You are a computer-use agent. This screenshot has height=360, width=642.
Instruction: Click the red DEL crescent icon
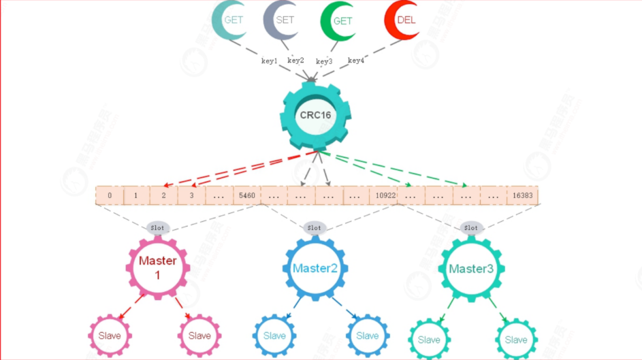click(x=403, y=21)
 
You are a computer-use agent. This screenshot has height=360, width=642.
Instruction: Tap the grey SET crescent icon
click(x=282, y=20)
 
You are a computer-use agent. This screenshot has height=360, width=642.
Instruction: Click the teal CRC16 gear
click(x=315, y=115)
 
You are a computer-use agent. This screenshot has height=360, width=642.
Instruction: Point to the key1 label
click(x=270, y=61)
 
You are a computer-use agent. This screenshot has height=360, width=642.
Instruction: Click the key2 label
click(x=295, y=61)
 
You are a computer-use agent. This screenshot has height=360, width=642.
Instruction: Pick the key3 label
click(x=324, y=61)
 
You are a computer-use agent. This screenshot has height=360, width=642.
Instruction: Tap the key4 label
click(x=356, y=61)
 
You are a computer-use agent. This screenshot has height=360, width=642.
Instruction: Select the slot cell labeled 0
click(x=109, y=195)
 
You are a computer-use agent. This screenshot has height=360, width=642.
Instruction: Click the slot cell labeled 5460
click(x=246, y=195)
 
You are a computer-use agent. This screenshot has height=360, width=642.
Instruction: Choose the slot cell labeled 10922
click(x=384, y=195)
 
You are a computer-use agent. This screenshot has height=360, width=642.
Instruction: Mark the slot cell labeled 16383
click(x=522, y=195)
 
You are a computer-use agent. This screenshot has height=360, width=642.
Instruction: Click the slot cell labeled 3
click(x=191, y=195)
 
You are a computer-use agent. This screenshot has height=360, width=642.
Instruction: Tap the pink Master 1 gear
click(x=158, y=266)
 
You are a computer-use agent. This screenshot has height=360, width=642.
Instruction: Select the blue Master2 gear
click(x=315, y=268)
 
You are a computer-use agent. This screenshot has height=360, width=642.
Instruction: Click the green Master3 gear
click(x=471, y=269)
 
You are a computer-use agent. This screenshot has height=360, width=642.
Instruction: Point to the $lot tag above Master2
click(x=314, y=227)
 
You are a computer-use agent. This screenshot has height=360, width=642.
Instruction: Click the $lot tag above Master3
click(x=470, y=227)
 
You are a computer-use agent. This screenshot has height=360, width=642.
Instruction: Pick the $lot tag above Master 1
click(x=157, y=227)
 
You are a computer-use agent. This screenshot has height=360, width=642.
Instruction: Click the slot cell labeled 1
click(x=136, y=195)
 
